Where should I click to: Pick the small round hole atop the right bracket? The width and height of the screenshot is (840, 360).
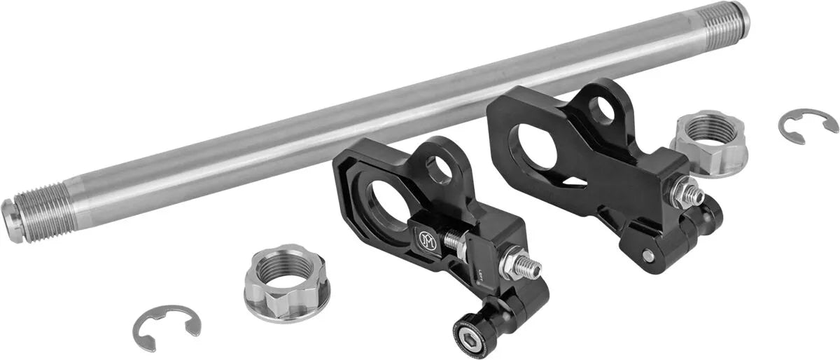[x=601, y=111]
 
